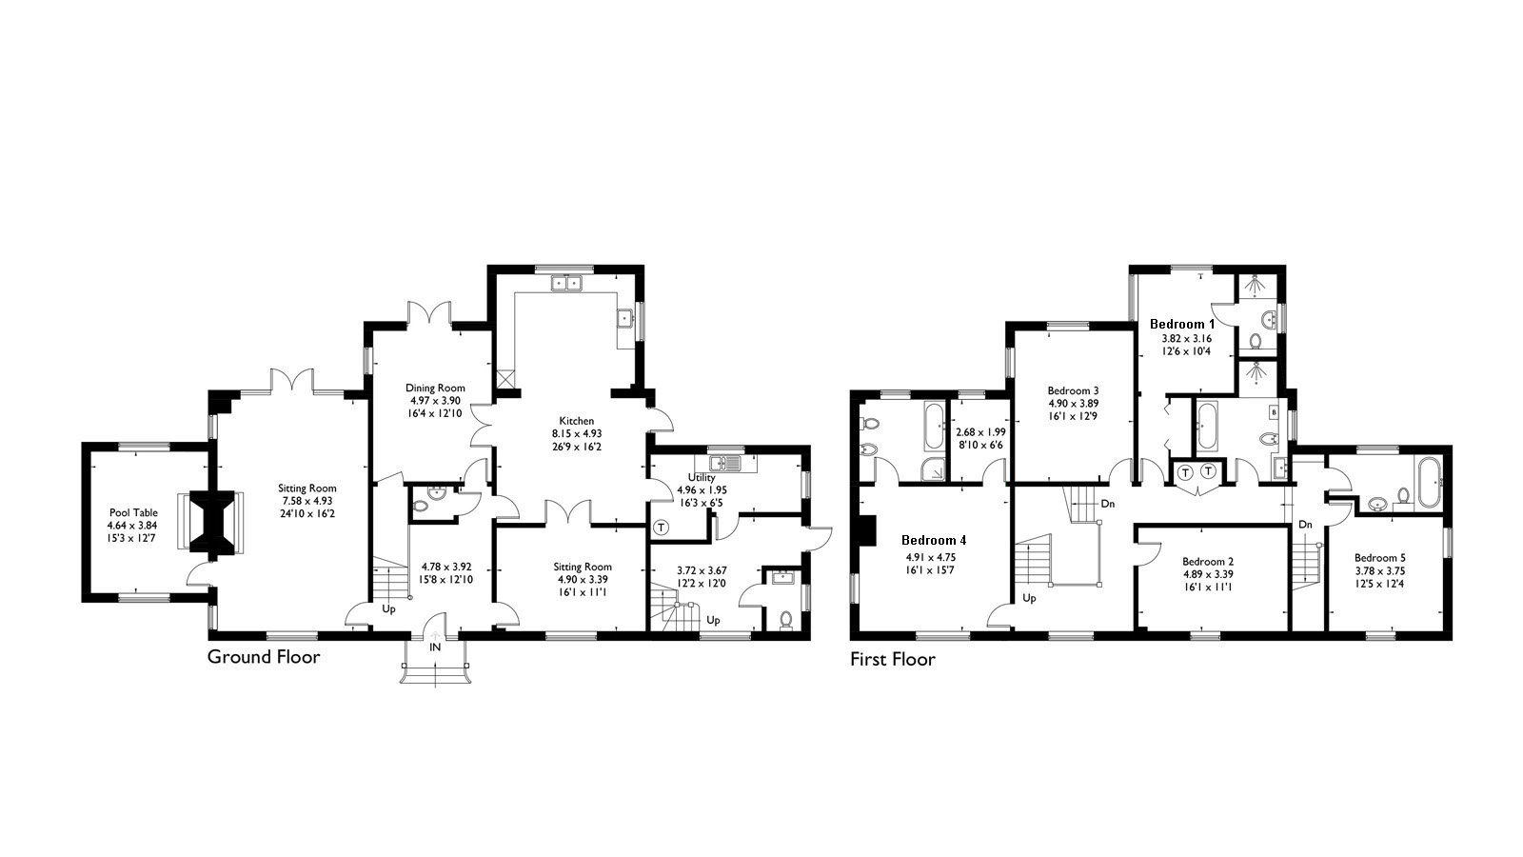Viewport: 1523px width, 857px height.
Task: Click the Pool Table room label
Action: click(132, 512)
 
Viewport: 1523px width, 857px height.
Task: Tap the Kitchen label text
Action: click(576, 420)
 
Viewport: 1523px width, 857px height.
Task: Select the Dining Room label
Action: click(435, 388)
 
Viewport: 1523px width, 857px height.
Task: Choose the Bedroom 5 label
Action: click(1380, 558)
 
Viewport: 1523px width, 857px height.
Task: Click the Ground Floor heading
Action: click(264, 657)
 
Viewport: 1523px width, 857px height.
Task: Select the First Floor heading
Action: click(893, 659)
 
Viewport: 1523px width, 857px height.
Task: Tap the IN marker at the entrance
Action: click(435, 648)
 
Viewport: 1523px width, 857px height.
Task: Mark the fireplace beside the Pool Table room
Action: click(211, 522)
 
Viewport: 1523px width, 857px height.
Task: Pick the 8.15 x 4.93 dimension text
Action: click(576, 433)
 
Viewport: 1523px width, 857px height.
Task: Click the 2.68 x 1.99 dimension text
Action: click(980, 431)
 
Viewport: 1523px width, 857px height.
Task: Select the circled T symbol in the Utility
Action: click(661, 527)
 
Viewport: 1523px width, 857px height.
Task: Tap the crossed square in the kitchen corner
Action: click(504, 378)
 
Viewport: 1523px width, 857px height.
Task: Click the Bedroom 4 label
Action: click(934, 540)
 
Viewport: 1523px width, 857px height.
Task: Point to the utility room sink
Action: click(731, 464)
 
